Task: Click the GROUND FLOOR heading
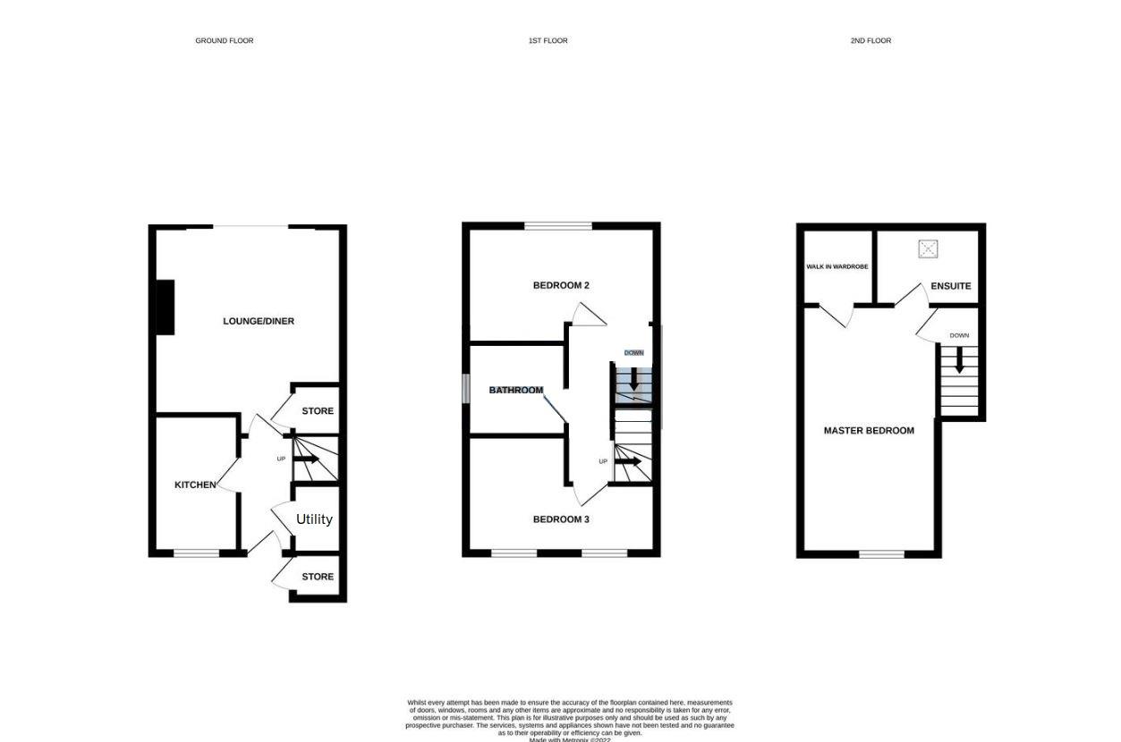click(x=225, y=41)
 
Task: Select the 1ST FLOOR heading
click(x=548, y=41)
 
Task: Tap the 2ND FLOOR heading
click(x=870, y=41)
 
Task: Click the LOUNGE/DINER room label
click(x=259, y=321)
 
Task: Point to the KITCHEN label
click(x=195, y=485)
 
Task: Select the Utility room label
click(x=314, y=519)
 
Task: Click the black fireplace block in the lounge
click(x=165, y=308)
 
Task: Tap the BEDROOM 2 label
click(x=561, y=286)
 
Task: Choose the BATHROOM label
click(x=516, y=391)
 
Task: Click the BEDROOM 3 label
click(x=561, y=519)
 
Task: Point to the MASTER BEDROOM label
click(x=869, y=431)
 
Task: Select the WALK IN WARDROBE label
click(x=837, y=266)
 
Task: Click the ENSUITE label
click(x=950, y=286)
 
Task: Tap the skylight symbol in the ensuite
click(x=928, y=249)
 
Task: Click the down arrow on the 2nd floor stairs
click(x=959, y=360)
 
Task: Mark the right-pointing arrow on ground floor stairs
click(x=307, y=460)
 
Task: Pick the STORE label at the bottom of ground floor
click(x=318, y=578)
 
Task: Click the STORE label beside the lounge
click(x=318, y=411)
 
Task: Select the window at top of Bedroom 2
click(x=558, y=226)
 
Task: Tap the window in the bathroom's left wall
click(x=466, y=389)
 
